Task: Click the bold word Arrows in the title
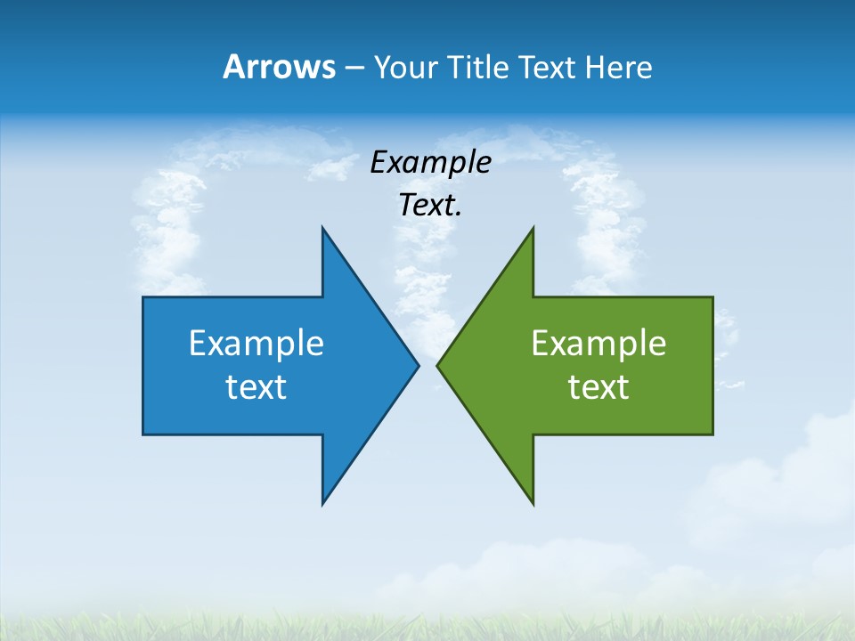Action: coord(278,67)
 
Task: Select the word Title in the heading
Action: coord(484,67)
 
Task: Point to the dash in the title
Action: coord(354,68)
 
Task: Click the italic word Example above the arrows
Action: coord(430,163)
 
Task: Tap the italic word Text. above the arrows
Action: coord(430,206)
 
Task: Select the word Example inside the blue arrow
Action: coord(256,344)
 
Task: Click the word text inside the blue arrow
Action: coord(256,387)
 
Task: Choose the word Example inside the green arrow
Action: coord(598,344)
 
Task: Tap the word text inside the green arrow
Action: coord(598,387)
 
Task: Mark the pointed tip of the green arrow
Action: coord(437,365)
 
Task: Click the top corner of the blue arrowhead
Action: coord(322,228)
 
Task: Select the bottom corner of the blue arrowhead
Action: coord(322,504)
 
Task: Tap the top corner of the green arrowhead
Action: coord(533,228)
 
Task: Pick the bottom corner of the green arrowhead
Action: coord(533,504)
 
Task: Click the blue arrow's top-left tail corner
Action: coord(143,297)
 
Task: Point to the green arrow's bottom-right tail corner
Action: coord(712,434)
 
